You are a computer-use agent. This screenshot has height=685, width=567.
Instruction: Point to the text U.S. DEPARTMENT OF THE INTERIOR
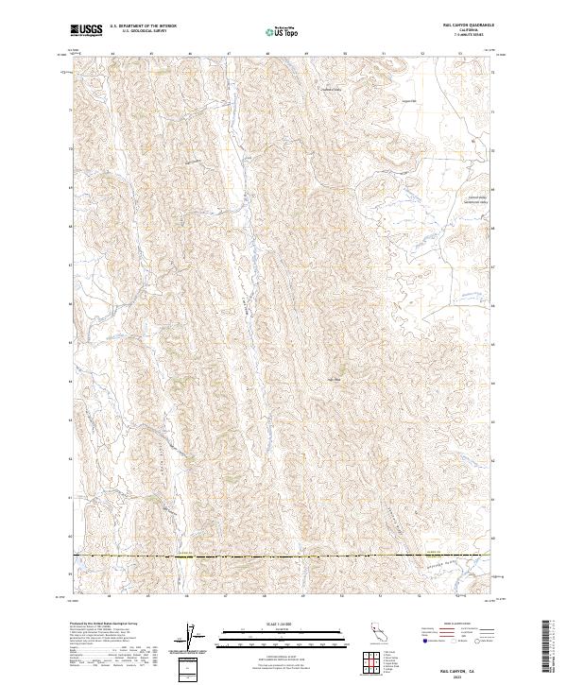point(143,27)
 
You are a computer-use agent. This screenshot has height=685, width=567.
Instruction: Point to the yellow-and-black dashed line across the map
point(283,557)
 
